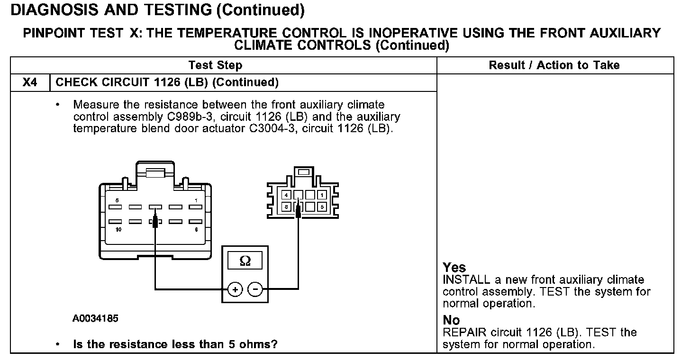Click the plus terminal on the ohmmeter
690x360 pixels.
(235, 288)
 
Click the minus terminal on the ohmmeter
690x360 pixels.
(255, 288)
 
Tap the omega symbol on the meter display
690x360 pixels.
(245, 261)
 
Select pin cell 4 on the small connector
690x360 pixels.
(286, 195)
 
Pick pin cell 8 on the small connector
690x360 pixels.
(286, 207)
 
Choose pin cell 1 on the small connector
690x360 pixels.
(321, 195)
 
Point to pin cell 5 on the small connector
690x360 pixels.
(321, 207)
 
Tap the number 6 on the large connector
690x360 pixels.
(196, 229)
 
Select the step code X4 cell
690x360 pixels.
(29, 82)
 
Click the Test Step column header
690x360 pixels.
(215, 65)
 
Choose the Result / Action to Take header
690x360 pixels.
(554, 65)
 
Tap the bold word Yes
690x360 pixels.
(454, 267)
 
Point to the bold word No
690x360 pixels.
(451, 320)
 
